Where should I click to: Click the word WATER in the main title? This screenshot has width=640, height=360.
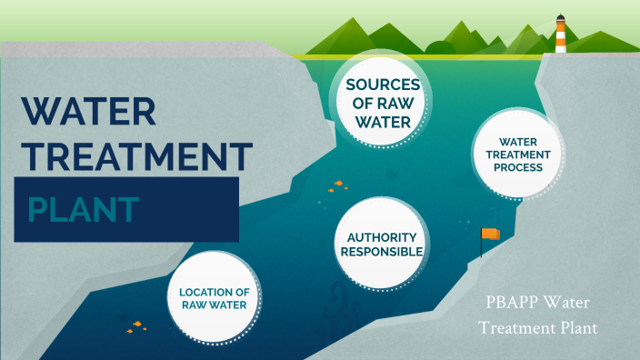click(89, 111)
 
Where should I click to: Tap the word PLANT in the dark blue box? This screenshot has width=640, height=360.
click(83, 209)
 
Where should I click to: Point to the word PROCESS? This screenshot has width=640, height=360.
click(513, 167)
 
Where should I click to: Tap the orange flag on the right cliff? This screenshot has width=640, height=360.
click(492, 235)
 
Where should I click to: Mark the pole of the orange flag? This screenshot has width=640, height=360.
click(482, 243)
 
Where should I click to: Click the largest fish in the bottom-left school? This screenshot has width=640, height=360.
click(138, 324)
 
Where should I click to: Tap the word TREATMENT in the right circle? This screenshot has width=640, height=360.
click(513, 155)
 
